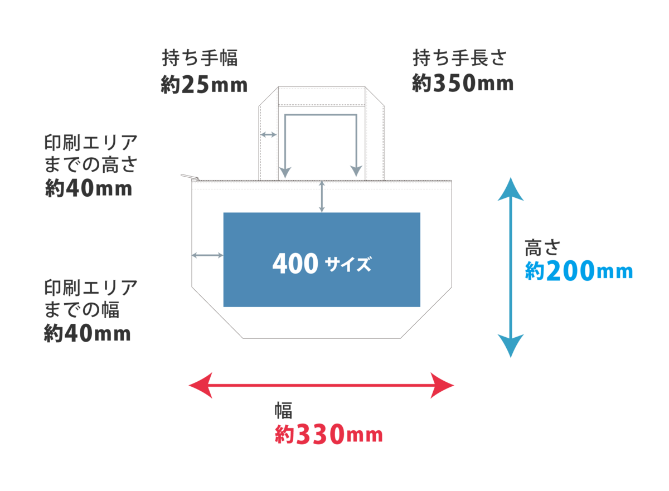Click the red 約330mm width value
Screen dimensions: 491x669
[x=328, y=434]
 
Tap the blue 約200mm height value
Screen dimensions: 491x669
[x=579, y=271]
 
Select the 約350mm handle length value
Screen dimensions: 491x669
[x=462, y=84]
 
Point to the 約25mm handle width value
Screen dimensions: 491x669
[x=203, y=85]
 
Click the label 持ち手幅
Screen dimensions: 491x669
[x=200, y=59]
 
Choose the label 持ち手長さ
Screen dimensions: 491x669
[x=459, y=58]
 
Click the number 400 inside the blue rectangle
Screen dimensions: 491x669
[x=295, y=263]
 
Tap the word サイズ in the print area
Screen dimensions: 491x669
[x=348, y=263]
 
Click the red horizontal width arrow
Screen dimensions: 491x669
[x=322, y=385]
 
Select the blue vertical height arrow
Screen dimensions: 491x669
[x=511, y=268]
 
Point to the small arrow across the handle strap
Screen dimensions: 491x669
[x=269, y=135]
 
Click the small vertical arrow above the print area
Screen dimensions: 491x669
[x=322, y=196]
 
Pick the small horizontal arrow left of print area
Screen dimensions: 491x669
[x=207, y=255]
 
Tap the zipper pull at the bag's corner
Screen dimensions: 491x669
[x=189, y=177]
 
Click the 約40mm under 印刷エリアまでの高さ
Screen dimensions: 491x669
[x=88, y=188]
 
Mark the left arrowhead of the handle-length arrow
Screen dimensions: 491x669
[x=285, y=171]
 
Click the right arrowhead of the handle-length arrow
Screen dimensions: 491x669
[x=355, y=171]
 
